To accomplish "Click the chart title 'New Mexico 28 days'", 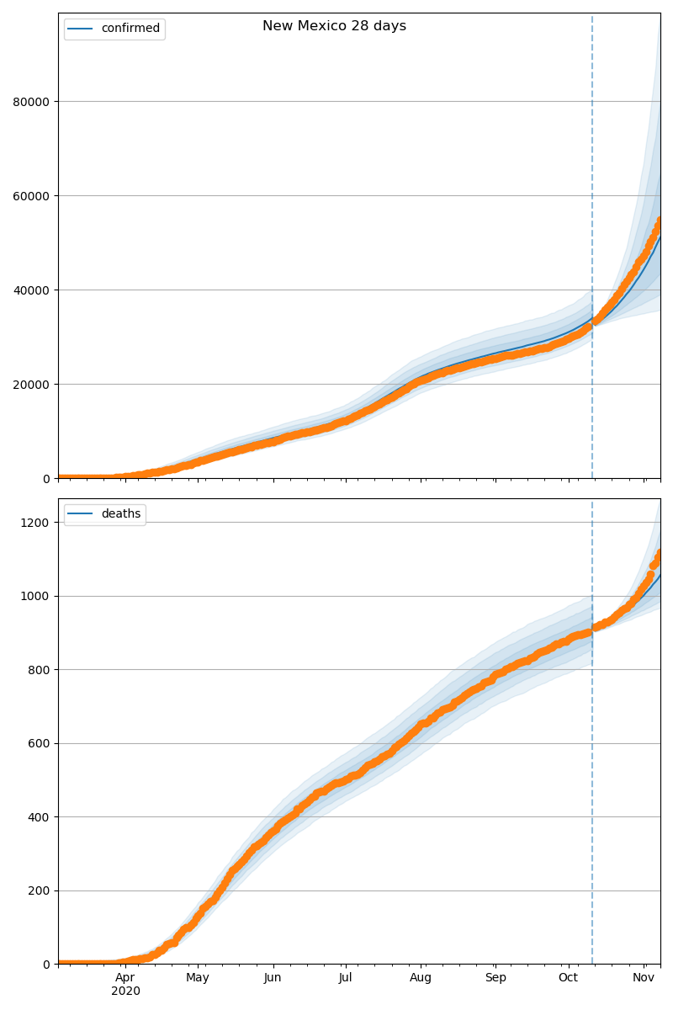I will tap(334, 26).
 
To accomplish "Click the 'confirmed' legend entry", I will tap(130, 29).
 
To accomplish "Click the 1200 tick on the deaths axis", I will tap(36, 523).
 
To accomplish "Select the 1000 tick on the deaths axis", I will tap(36, 596).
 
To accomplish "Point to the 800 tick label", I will tap(40, 670).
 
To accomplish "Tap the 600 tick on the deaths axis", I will tap(40, 743).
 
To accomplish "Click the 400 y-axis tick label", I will tap(40, 817).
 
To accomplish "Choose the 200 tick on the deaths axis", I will tap(40, 890).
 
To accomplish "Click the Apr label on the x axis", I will tap(125, 978).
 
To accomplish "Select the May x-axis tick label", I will tap(198, 978).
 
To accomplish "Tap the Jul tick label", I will tap(345, 978).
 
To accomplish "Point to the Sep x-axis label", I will tap(495, 978).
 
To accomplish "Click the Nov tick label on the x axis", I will tap(644, 978).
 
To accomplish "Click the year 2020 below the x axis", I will tap(125, 991).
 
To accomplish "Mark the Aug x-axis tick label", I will tap(421, 978).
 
